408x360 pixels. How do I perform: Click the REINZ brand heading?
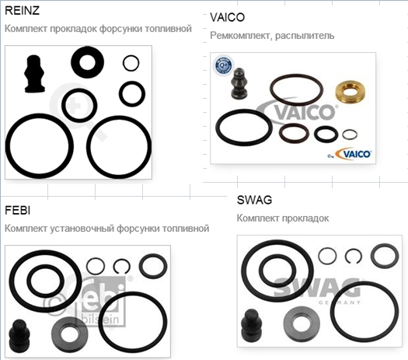click(22, 10)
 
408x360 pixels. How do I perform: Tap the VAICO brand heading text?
click(227, 17)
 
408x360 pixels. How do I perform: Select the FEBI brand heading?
click(17, 211)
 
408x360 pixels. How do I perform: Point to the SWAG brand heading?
click(254, 200)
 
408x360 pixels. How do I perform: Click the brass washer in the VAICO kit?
click(350, 92)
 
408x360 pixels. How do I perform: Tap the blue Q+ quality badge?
click(223, 65)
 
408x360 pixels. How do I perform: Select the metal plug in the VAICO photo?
click(239, 83)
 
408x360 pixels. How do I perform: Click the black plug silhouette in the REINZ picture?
click(34, 74)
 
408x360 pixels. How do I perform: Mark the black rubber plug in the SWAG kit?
click(251, 325)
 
